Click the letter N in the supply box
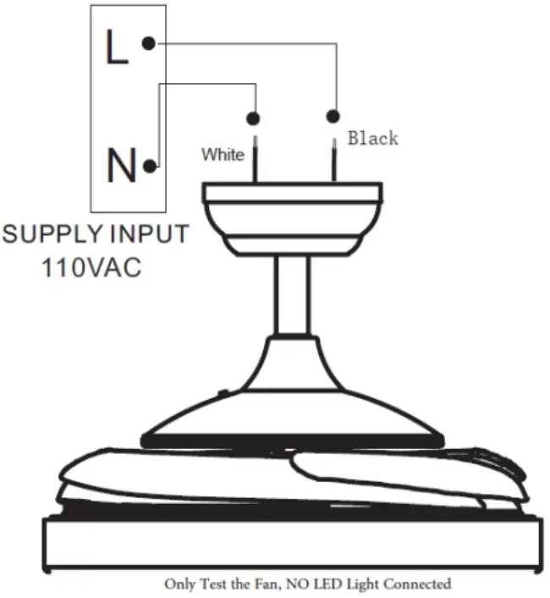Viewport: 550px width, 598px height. click(x=121, y=167)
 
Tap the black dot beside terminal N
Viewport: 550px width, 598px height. click(x=150, y=167)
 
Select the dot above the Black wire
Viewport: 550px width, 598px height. click(x=333, y=115)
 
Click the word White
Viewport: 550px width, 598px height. click(x=223, y=155)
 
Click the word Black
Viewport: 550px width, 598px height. click(x=372, y=137)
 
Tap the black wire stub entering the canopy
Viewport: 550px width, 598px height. click(x=333, y=157)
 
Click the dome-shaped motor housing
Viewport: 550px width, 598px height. click(x=293, y=390)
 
